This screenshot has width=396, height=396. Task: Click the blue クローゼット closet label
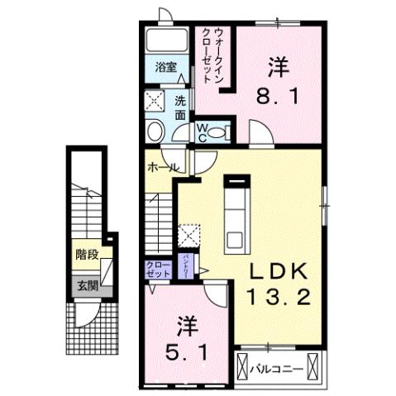pyautogui.click(x=156, y=270)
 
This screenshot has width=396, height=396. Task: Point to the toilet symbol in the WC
pyautogui.click(x=217, y=131)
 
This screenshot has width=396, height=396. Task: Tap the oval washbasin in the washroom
pyautogui.click(x=154, y=132)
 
